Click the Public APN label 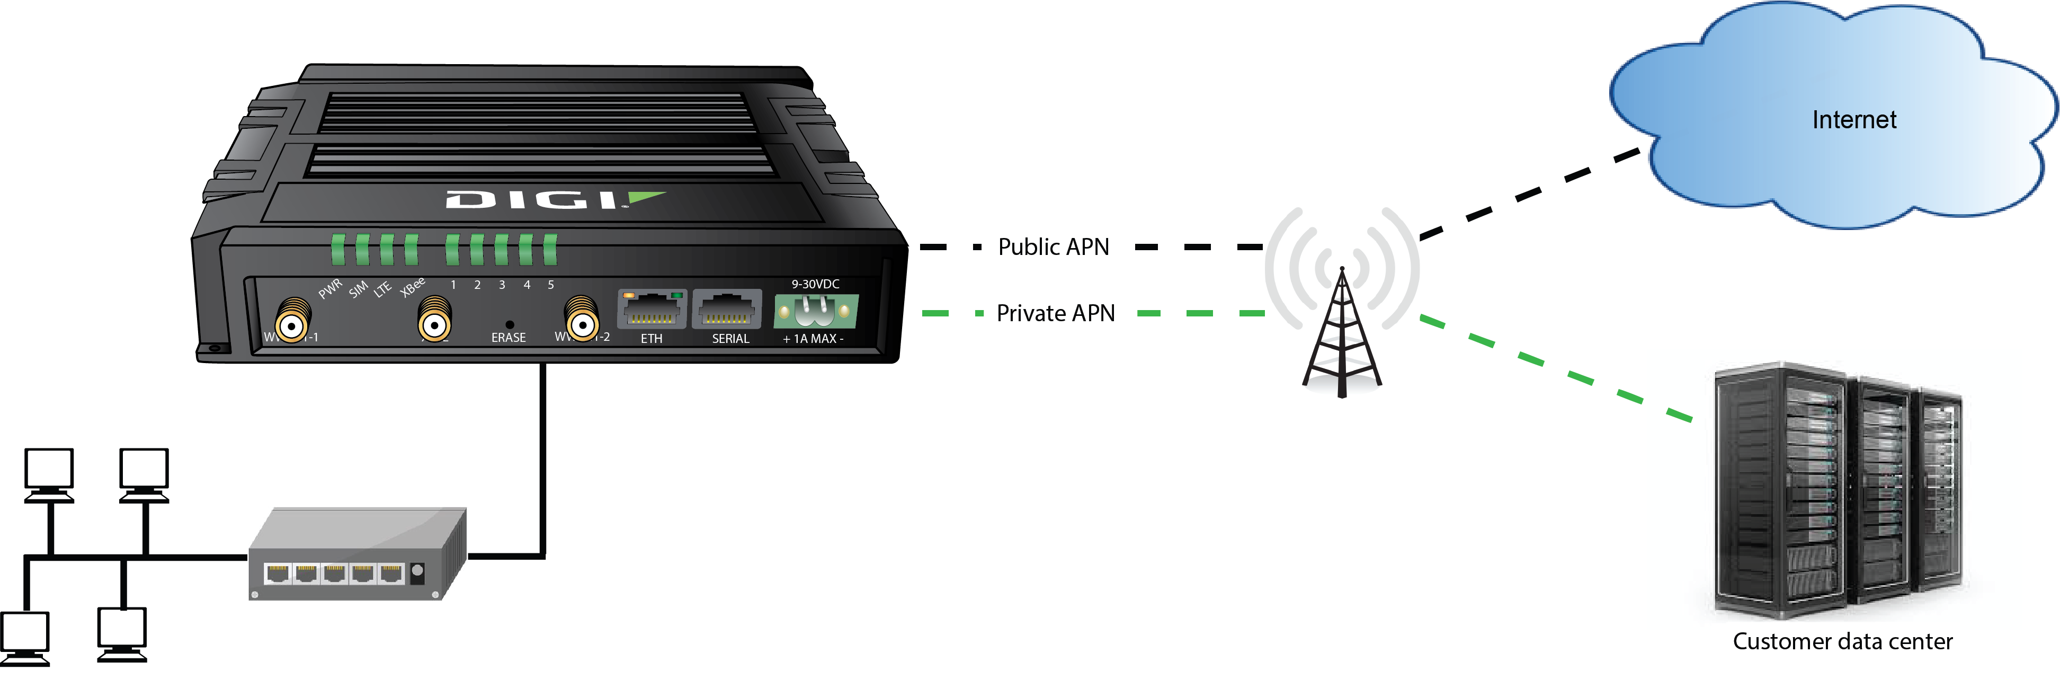[1053, 247]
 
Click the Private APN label [1055, 314]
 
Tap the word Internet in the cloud [1853, 120]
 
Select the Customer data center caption [1842, 641]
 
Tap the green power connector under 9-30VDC [815, 311]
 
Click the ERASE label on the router [509, 338]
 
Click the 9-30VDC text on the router [815, 284]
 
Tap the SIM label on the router [358, 289]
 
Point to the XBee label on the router [413, 286]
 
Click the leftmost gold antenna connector [293, 322]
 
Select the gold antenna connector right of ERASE [582, 322]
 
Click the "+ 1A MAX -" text [813, 338]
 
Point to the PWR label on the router [329, 289]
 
